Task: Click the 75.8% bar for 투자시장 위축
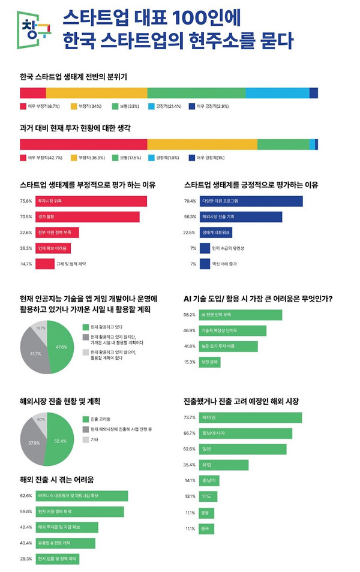click(x=91, y=201)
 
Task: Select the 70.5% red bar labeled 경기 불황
click(x=87, y=216)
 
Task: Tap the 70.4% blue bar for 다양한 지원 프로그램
click(x=251, y=201)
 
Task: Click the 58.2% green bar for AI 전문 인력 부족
click(x=241, y=315)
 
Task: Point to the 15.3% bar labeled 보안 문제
click(x=211, y=362)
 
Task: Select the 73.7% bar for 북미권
click(x=250, y=417)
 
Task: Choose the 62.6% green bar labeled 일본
click(x=243, y=449)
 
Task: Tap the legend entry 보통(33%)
click(x=127, y=107)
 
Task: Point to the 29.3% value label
click(x=26, y=559)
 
